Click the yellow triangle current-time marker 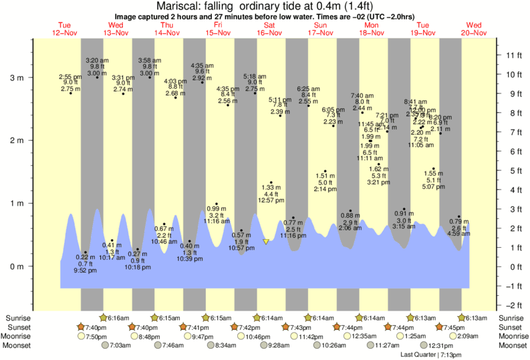pos(266,242)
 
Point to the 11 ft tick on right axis pos(513,54)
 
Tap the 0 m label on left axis pos(16,266)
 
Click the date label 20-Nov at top pos(475,33)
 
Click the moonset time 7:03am pos(120,345)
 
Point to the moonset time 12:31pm pos(442,345)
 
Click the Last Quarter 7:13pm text pos(431,355)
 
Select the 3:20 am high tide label pos(97,60)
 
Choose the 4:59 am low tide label pos(458,234)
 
